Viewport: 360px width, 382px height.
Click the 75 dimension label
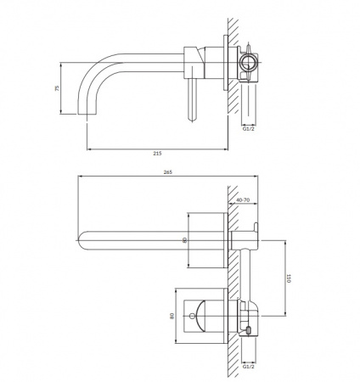[58, 88]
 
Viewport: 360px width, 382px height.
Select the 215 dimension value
[157, 154]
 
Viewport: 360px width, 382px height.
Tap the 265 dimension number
[168, 172]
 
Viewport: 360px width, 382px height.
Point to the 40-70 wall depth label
[243, 199]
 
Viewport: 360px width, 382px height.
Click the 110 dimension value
[289, 278]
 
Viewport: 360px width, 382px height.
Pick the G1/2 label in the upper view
[249, 129]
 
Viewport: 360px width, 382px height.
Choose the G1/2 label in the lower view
[249, 367]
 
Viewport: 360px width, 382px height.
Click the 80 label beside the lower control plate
[172, 316]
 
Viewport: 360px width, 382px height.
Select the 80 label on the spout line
[185, 240]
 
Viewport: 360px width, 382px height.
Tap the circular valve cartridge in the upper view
[249, 63]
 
